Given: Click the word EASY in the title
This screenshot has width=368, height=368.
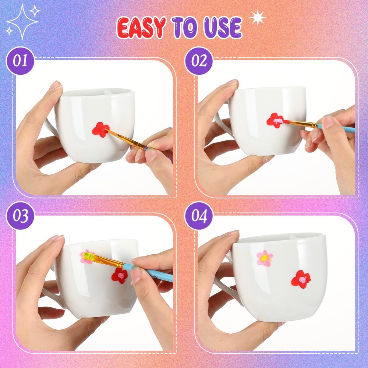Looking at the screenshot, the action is pyautogui.click(x=141, y=28).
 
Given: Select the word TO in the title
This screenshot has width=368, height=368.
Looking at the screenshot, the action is pyautogui.click(x=185, y=28).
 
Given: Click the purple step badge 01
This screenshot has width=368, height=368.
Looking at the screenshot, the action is pyautogui.click(x=20, y=61).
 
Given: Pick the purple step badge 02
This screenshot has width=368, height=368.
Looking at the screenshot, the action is pyautogui.click(x=199, y=61).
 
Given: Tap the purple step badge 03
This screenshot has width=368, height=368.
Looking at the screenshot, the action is pyautogui.click(x=20, y=216).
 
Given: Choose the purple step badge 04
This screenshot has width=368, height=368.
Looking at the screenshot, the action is pyautogui.click(x=199, y=216).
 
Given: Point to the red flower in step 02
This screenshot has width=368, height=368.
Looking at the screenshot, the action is pyautogui.click(x=275, y=121).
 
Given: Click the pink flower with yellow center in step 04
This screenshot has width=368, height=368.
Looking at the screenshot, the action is pyautogui.click(x=265, y=258).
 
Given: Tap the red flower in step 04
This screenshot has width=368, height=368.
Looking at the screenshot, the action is pyautogui.click(x=301, y=279).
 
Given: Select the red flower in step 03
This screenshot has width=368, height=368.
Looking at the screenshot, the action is pyautogui.click(x=120, y=276).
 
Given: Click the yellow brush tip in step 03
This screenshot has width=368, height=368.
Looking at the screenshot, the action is pyautogui.click(x=88, y=256).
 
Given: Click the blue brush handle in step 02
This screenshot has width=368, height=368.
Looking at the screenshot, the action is pyautogui.click(x=336, y=128).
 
